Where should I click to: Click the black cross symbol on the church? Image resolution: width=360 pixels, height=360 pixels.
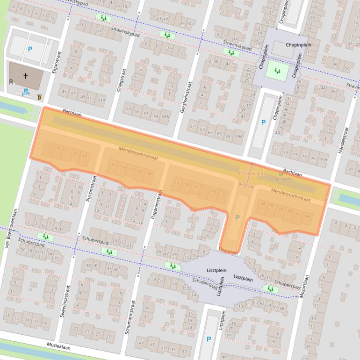pyautogui.click(x=25, y=75)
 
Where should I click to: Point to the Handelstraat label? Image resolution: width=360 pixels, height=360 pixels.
pyautogui.click(x=346, y=140)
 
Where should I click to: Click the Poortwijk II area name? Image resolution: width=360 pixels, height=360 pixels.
pyautogui.click(x=252, y=173)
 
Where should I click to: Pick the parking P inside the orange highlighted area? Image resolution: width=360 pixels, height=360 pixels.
pyautogui.click(x=237, y=218)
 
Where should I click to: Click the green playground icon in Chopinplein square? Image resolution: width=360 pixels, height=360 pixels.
pyautogui.click(x=277, y=72)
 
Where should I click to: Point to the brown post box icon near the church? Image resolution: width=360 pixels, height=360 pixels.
pyautogui.click(x=39, y=97)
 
